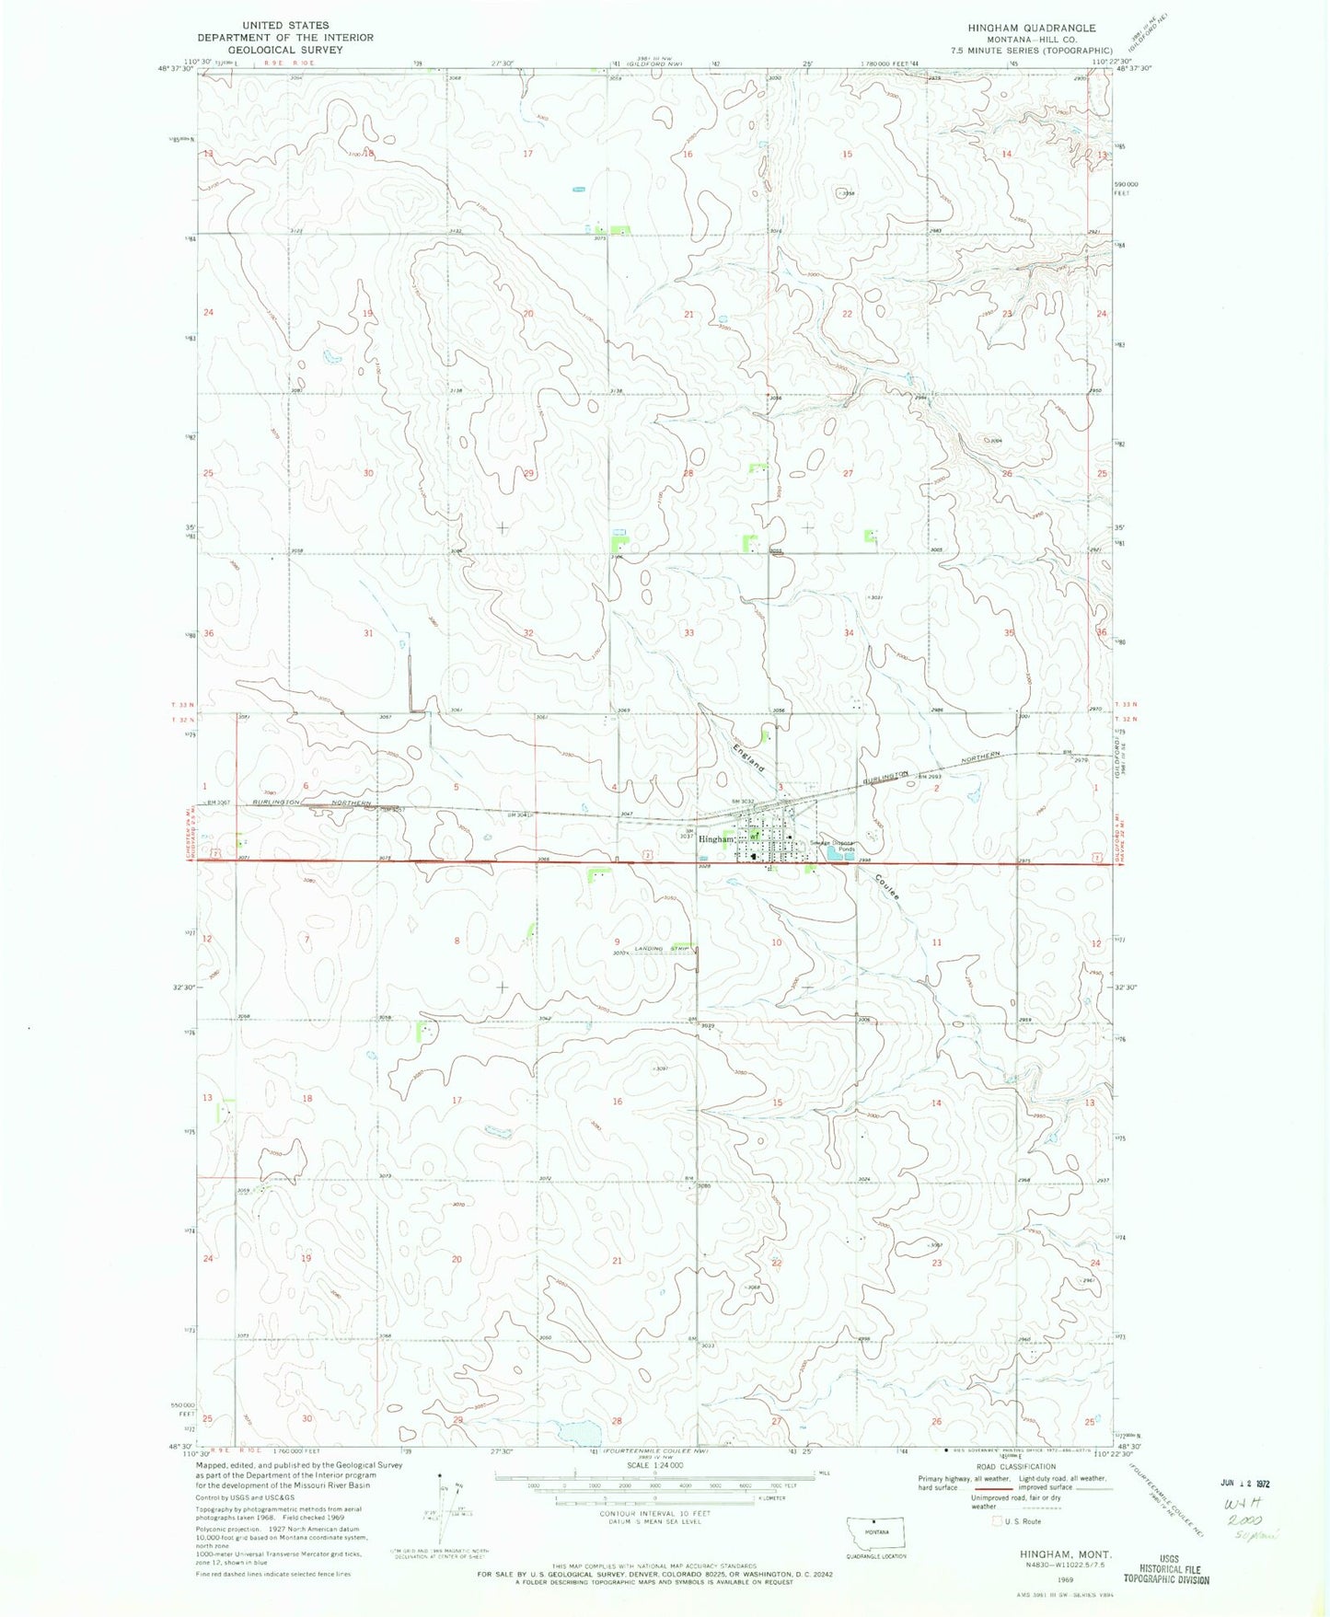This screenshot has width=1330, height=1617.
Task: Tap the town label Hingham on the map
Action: click(714, 839)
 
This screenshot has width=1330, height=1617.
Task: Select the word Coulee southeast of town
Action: click(887, 885)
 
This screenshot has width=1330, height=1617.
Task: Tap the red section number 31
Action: click(368, 633)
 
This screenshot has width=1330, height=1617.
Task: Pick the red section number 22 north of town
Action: click(848, 314)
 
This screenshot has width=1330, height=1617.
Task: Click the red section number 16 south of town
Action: click(618, 1102)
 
